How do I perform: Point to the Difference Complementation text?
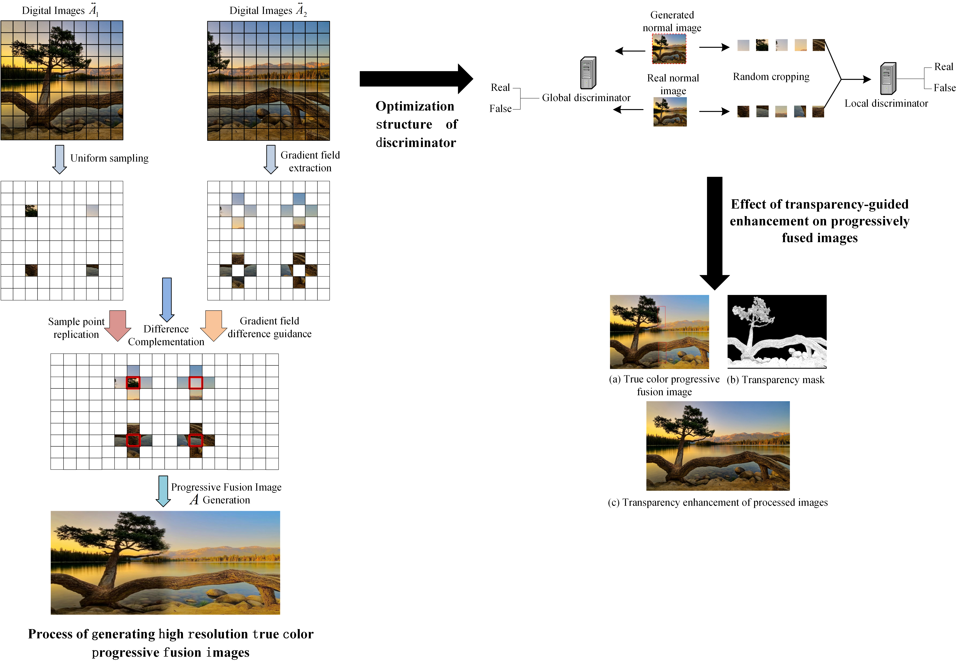point(166,335)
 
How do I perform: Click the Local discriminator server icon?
point(888,79)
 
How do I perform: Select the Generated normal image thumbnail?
point(669,48)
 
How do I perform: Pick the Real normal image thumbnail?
point(670,112)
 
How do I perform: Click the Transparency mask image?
point(777,331)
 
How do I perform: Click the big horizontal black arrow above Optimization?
point(416,79)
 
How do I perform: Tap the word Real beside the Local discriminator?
point(944,67)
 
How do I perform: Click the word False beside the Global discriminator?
point(500,109)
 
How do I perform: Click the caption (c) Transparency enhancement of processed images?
point(717,502)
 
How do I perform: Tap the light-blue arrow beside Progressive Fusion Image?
point(163,491)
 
